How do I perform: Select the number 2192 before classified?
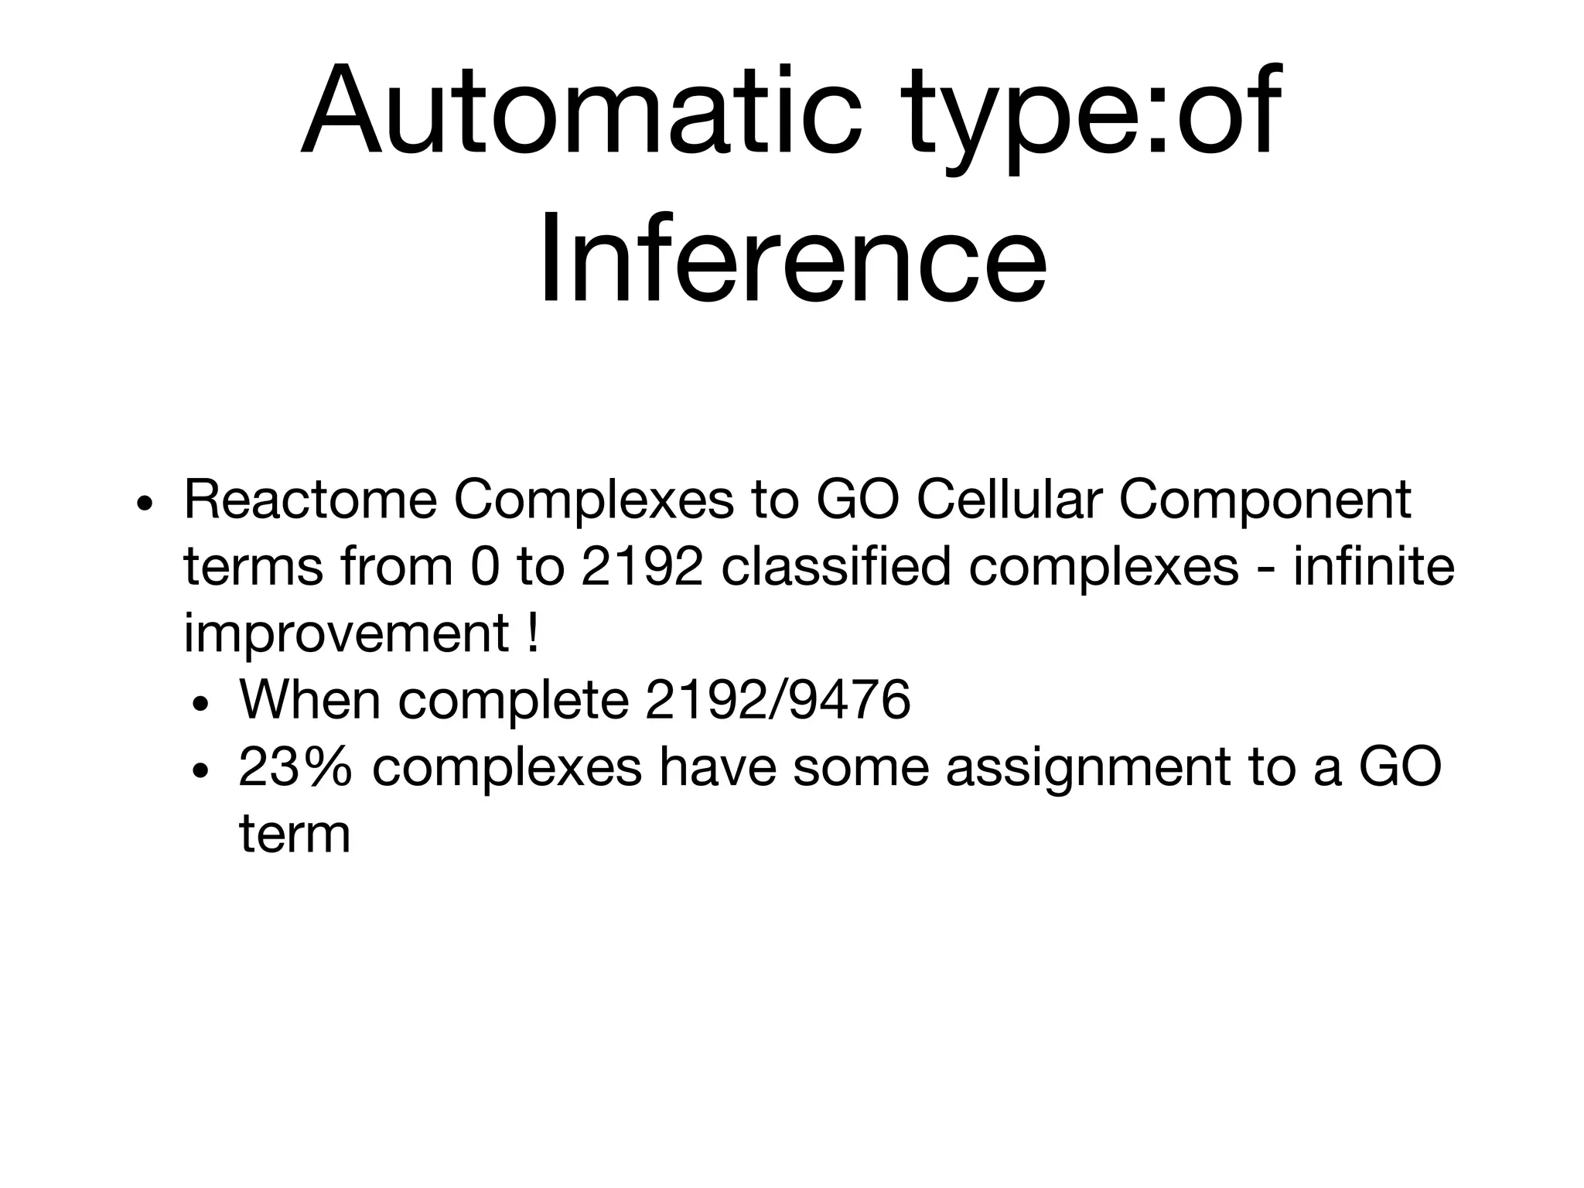(x=641, y=567)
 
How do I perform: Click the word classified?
(x=835, y=567)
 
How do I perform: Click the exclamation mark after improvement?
(x=532, y=633)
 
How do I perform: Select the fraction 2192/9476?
(x=777, y=700)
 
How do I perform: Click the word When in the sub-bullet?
(x=309, y=700)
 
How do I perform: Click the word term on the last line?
(x=294, y=835)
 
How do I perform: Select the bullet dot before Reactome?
(x=144, y=504)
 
